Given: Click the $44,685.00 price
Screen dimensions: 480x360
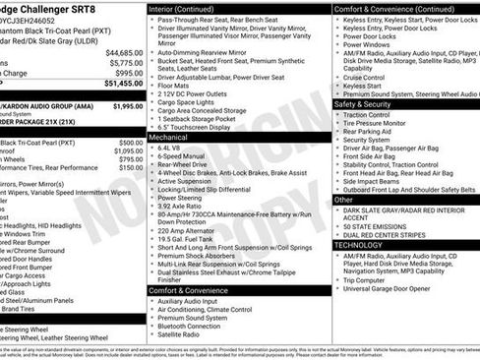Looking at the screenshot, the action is (x=124, y=51).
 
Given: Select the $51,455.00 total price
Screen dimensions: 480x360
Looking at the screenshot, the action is (x=124, y=85).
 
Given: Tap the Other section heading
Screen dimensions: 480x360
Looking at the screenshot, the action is (x=344, y=199).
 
